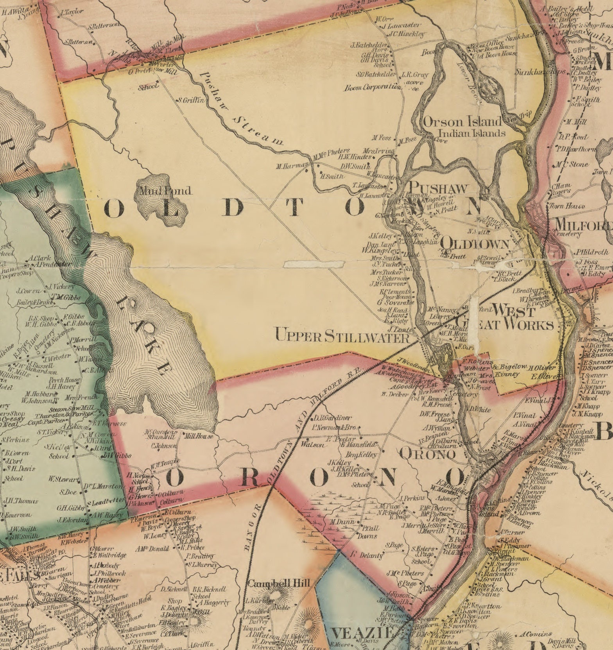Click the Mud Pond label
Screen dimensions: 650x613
point(163,191)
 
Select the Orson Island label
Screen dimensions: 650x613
point(462,122)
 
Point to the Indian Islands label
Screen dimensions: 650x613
point(472,133)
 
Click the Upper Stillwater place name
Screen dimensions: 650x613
point(342,336)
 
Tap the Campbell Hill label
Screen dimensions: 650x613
point(279,583)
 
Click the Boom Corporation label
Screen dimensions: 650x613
point(372,88)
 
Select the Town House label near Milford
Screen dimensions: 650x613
point(567,206)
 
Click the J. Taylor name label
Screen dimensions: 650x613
point(72,12)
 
